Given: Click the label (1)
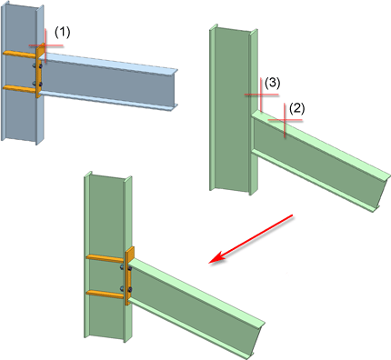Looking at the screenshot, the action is pos(62,32).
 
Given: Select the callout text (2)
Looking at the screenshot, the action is pos(296,109).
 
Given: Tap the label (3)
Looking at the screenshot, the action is pos(272,83).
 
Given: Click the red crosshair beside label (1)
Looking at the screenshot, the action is pos(45,45).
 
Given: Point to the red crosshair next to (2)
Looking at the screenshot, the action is pos(285,120).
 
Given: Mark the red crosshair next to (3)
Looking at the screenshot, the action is pos(261,95).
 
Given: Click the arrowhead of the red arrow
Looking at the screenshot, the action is pos(216,259).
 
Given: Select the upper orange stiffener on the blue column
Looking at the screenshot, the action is pos(20,55).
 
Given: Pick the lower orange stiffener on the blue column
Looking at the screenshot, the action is pos(20,88).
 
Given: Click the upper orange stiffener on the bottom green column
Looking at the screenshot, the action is pos(105,258).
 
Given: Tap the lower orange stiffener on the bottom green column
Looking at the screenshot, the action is pos(105,294).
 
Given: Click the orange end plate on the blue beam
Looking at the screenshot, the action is pos(39,72).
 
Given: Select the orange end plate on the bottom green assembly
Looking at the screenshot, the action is pos(129,275).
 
